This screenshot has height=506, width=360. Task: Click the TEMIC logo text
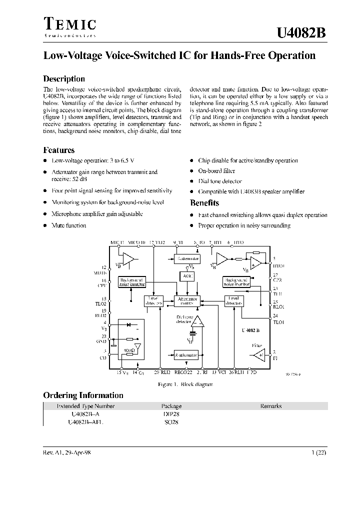[x=69, y=24]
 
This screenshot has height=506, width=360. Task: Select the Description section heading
[x=64, y=78]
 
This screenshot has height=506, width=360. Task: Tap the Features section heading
[x=59, y=150]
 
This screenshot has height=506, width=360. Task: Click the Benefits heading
[x=204, y=203]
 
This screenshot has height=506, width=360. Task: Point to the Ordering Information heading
[x=83, y=395]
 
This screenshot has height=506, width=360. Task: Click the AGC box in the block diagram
[x=186, y=275]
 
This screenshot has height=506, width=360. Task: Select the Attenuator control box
[x=186, y=300]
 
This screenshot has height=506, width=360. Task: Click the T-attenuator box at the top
[x=186, y=258]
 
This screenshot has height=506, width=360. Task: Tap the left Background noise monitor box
[x=132, y=282]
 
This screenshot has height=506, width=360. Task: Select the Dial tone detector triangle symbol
[x=198, y=321]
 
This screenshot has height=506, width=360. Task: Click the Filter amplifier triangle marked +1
[x=259, y=355]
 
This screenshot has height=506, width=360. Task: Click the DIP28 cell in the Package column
[x=171, y=414]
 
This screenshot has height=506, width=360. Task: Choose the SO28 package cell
[x=171, y=422]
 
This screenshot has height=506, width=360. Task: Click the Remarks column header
[x=271, y=406]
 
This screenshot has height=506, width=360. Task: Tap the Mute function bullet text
[x=69, y=225]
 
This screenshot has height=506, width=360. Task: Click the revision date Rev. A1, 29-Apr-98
[x=67, y=452]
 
